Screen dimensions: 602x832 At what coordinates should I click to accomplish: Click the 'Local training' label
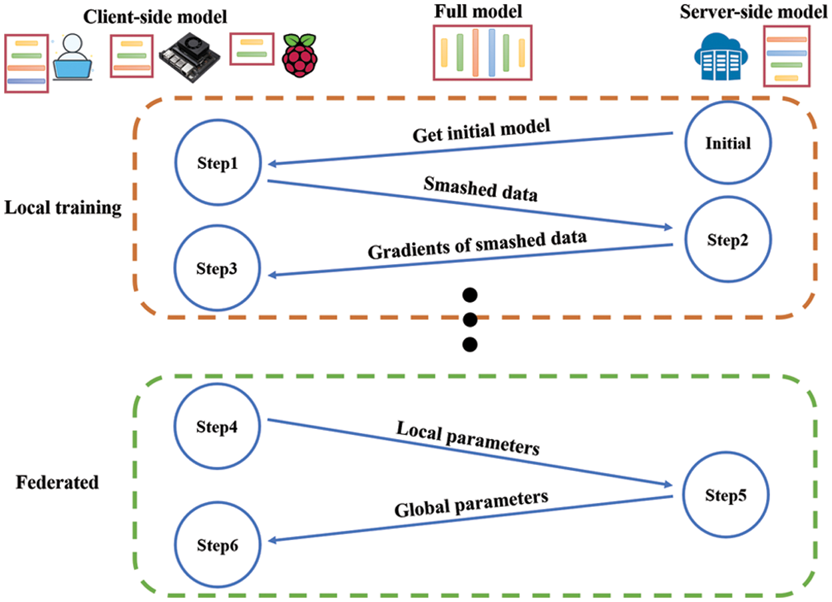tap(63, 208)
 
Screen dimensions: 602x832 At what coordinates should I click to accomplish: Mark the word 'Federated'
tap(57, 482)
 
